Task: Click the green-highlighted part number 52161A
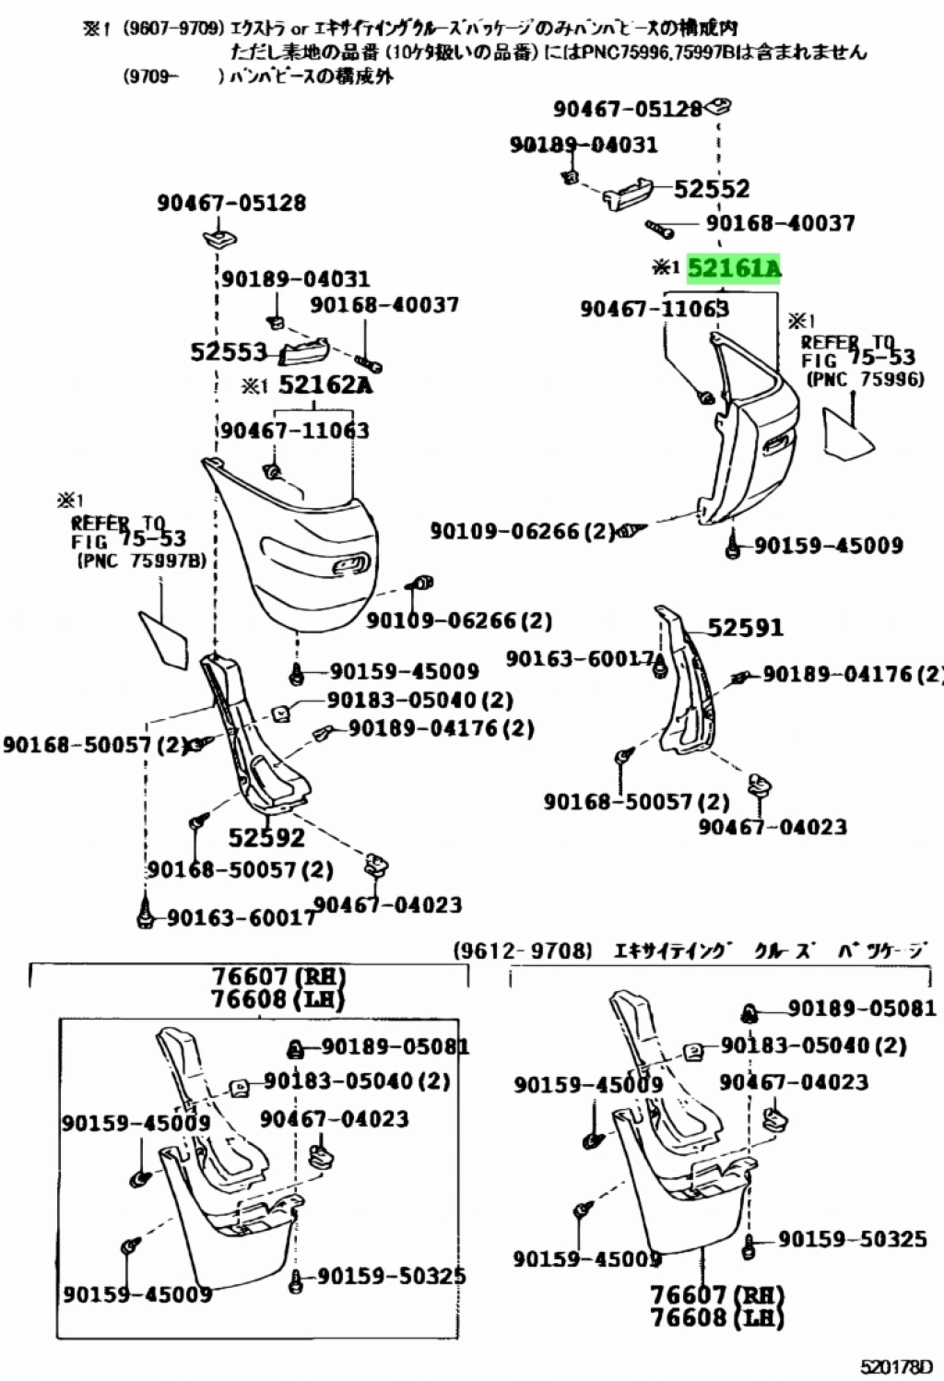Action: [x=734, y=269]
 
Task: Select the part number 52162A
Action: [x=325, y=384]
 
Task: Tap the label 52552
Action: [x=712, y=189]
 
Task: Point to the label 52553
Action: [x=229, y=351]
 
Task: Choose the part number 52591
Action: [x=745, y=628]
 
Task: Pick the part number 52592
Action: [x=266, y=837]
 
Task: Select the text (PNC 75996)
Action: [x=865, y=379]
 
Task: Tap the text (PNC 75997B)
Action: [x=141, y=561]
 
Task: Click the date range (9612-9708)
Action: [x=523, y=950]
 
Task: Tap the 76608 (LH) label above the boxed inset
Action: [x=277, y=999]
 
